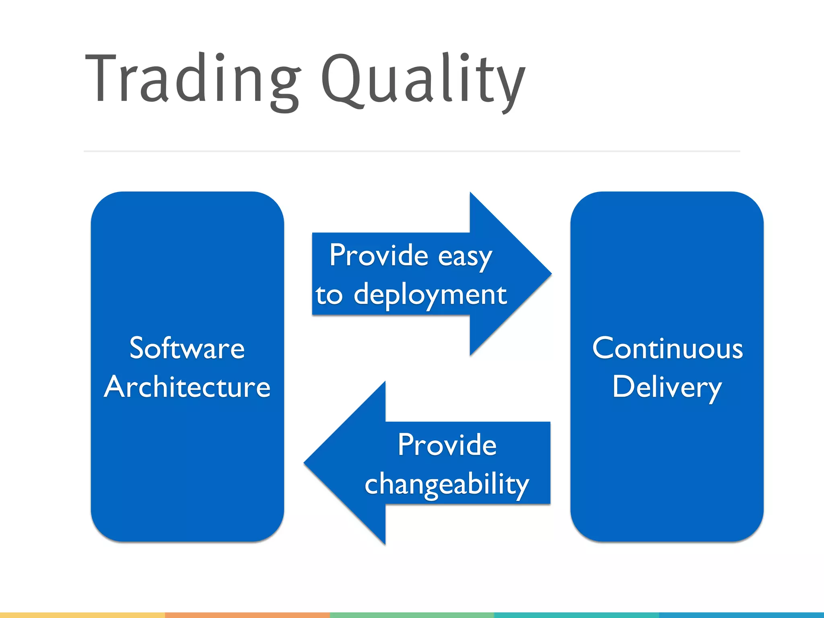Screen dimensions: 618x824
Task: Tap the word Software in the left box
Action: pyautogui.click(x=187, y=348)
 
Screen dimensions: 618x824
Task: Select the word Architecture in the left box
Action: pyautogui.click(x=187, y=387)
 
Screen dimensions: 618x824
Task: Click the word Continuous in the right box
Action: pyautogui.click(x=667, y=348)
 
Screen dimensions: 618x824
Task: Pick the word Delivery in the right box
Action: pyautogui.click(x=667, y=387)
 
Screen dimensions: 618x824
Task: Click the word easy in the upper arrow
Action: pyautogui.click(x=465, y=257)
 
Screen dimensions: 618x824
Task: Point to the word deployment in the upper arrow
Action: pyautogui.click(x=430, y=295)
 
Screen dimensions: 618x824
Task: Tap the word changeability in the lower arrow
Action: pyautogui.click(x=447, y=484)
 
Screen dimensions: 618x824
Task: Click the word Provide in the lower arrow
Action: pyautogui.click(x=447, y=445)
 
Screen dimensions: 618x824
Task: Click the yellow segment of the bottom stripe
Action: pyautogui.click(x=82, y=615)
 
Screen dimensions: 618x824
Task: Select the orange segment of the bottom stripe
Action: pyautogui.click(x=247, y=615)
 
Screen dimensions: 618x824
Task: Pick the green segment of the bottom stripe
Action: pyautogui.click(x=412, y=615)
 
